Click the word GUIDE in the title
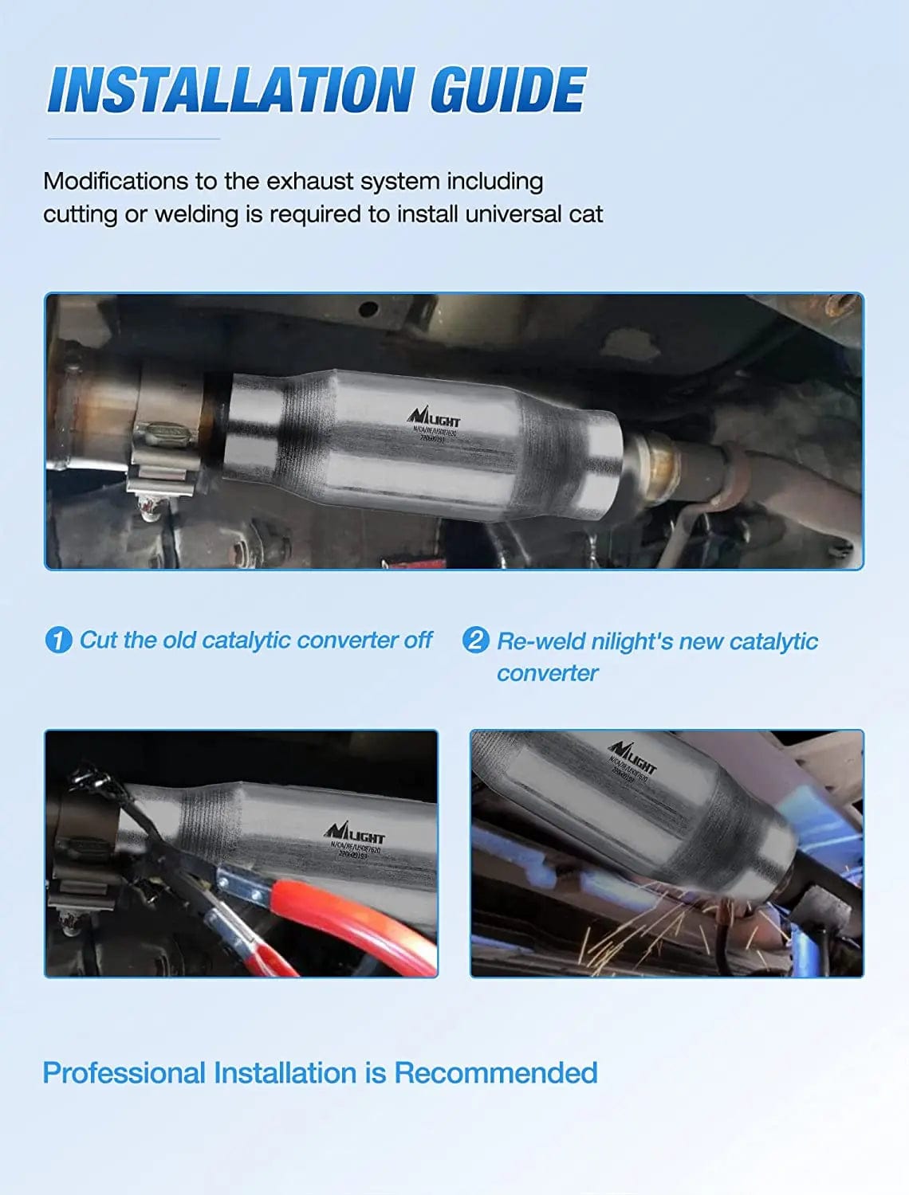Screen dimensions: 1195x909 click(x=508, y=89)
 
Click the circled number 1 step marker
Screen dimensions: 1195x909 click(x=58, y=641)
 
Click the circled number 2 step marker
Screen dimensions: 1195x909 click(x=475, y=641)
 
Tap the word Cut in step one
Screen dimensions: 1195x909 click(x=98, y=641)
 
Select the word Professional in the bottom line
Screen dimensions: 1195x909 click(x=124, y=1073)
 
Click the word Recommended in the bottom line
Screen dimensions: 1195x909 click(x=496, y=1073)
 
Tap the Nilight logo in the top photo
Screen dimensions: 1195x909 click(x=434, y=417)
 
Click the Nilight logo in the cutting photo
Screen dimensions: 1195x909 click(x=355, y=833)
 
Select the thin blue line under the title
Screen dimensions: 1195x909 click(x=133, y=139)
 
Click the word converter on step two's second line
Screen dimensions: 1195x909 click(x=547, y=674)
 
